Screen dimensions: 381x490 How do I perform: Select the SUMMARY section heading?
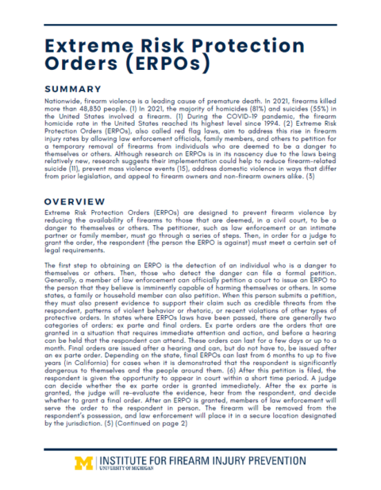point(73,88)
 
